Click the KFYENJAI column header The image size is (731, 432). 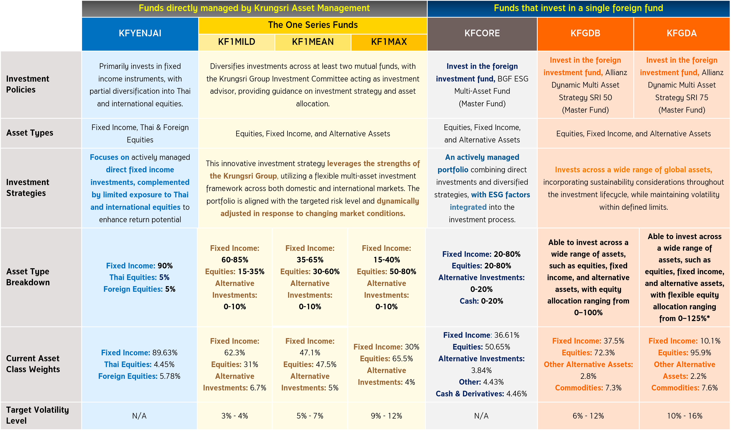pos(140,33)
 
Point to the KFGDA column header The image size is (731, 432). pos(682,33)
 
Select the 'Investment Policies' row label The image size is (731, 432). pos(28,84)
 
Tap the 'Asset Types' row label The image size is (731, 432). pos(30,133)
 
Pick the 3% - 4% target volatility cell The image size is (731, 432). pos(235,416)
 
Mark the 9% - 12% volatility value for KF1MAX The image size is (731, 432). pos(386,416)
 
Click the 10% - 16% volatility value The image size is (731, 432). pos(684,416)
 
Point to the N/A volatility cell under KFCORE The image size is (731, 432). pos(481,416)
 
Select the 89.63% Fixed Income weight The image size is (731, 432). pos(165,353)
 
